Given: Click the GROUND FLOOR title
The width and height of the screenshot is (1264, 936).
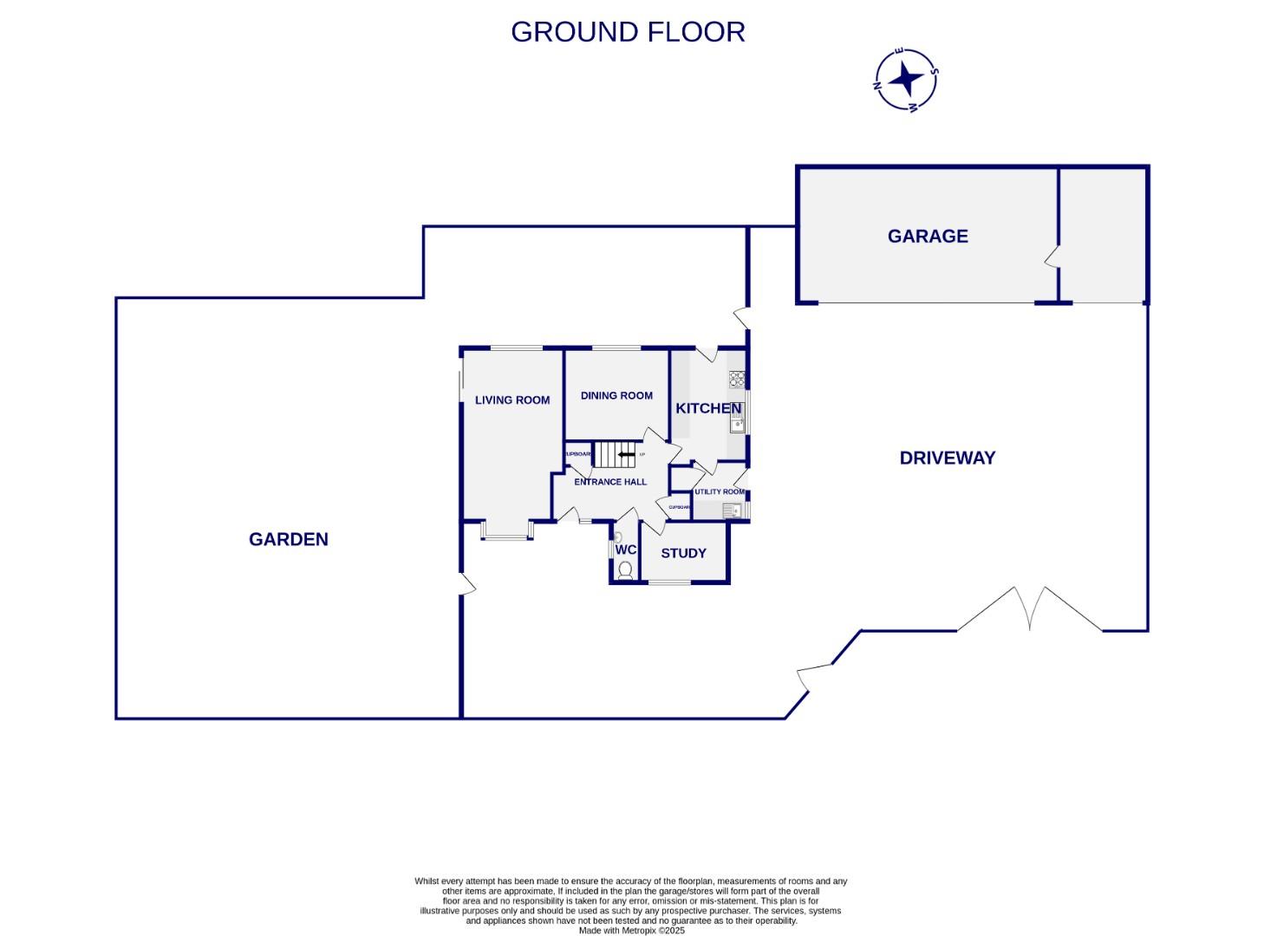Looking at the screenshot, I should coord(628,32).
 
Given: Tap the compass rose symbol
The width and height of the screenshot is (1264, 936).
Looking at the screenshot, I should coord(906,80).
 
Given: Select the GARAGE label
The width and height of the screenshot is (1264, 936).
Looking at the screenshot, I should coord(927,236).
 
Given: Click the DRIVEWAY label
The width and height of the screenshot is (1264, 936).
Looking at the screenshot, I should coord(947,458).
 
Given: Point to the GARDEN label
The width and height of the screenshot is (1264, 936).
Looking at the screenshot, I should coord(288,539).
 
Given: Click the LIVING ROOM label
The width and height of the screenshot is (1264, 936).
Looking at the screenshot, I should coord(511,400).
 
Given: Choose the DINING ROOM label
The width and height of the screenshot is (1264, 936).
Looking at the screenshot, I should coord(616,396).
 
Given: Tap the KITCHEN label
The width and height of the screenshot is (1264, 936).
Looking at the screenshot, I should coord(708,408).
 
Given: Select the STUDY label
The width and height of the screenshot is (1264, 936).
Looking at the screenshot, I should coord(683,553).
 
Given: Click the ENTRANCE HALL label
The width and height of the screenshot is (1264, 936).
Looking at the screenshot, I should coord(610,482).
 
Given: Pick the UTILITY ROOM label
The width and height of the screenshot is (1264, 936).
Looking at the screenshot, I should coord(719,491).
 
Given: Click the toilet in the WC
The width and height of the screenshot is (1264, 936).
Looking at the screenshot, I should coord(625,569).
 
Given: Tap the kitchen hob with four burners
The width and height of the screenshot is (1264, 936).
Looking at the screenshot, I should coord(737,378).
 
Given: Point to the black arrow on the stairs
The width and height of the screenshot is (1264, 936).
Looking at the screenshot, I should coord(625,453).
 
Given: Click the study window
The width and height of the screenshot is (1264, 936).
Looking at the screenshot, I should coord(669,582).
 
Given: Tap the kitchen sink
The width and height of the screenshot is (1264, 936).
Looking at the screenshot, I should coord(737,423).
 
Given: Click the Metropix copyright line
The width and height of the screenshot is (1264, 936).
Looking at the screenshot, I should coord(631,931).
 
